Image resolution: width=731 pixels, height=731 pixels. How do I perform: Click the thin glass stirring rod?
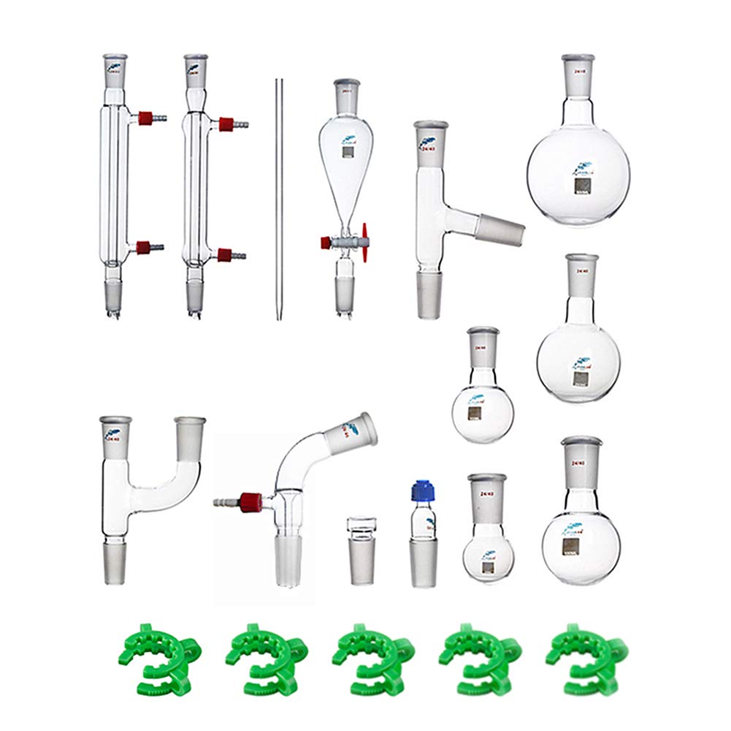coord(277,197)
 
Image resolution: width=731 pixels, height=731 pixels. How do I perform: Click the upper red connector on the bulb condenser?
coord(227,124)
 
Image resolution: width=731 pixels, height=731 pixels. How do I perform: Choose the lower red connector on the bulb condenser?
coord(226,255)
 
